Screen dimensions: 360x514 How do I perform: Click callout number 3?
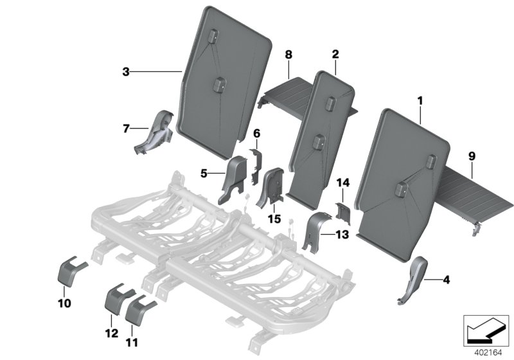[126, 73]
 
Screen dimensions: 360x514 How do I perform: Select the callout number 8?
[288, 55]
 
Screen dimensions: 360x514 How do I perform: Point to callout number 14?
[341, 184]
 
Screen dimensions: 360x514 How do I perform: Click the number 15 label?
[275, 220]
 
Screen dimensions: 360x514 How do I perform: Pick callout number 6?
[256, 133]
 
